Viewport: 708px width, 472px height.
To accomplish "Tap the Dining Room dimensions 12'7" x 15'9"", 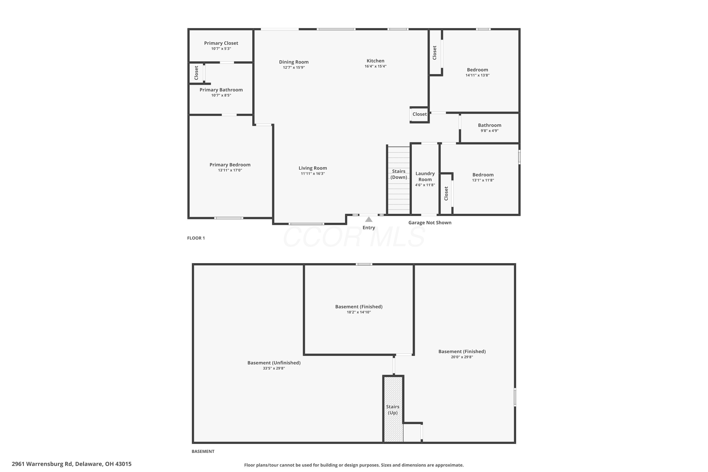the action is [x=294, y=67].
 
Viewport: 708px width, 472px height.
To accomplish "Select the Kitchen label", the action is [x=375, y=61].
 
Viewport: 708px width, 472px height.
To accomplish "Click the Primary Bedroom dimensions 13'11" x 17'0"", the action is [x=230, y=170].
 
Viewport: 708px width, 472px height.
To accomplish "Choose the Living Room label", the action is [x=313, y=168].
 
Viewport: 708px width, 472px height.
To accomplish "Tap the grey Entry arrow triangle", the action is [x=369, y=219].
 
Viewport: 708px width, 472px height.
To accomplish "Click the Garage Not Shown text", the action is [x=430, y=223].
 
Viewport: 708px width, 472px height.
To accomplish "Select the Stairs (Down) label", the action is [x=399, y=174].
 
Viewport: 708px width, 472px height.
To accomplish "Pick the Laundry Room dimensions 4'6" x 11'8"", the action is [x=425, y=185].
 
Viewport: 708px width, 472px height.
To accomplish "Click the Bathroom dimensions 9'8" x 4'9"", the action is [x=489, y=131].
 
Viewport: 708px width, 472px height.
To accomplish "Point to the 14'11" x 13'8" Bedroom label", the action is [x=477, y=70].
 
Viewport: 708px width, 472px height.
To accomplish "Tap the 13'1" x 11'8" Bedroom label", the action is [x=483, y=175].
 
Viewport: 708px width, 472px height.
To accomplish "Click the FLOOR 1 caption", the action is [x=196, y=238].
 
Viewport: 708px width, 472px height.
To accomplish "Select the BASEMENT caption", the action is [x=203, y=451].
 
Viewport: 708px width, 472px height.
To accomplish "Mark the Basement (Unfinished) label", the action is [x=274, y=363].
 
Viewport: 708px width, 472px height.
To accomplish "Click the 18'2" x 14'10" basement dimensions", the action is [x=359, y=312].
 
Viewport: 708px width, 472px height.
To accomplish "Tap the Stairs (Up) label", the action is [x=393, y=410].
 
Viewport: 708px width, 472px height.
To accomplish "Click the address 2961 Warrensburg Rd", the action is [x=42, y=464].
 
